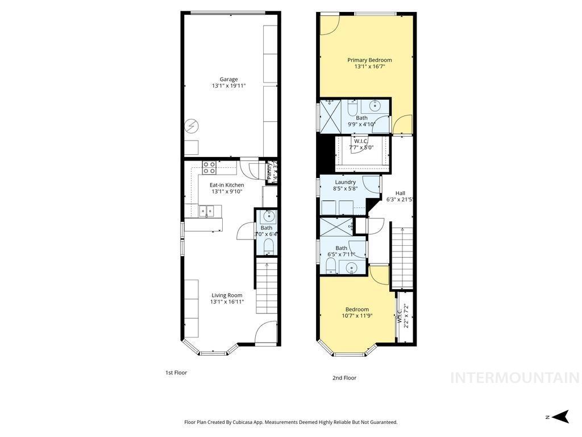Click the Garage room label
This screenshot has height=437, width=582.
[228, 79]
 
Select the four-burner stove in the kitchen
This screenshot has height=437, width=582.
[209, 168]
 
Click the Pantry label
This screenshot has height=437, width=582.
[271, 171]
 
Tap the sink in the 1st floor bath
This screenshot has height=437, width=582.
[267, 217]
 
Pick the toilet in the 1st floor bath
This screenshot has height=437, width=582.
[268, 246]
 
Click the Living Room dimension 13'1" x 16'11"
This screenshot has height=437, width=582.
[227, 302]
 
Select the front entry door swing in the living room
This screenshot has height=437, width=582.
[264, 333]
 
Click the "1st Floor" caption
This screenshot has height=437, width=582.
[176, 373]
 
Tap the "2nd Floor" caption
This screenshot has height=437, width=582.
[344, 378]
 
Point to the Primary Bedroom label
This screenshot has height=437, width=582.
[369, 60]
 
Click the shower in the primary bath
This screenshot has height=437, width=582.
[330, 117]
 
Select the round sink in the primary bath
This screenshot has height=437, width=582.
[375, 105]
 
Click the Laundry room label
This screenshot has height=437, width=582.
[345, 183]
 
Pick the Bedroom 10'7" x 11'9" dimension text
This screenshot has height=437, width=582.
[357, 316]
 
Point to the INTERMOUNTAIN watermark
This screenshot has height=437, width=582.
[514, 378]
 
